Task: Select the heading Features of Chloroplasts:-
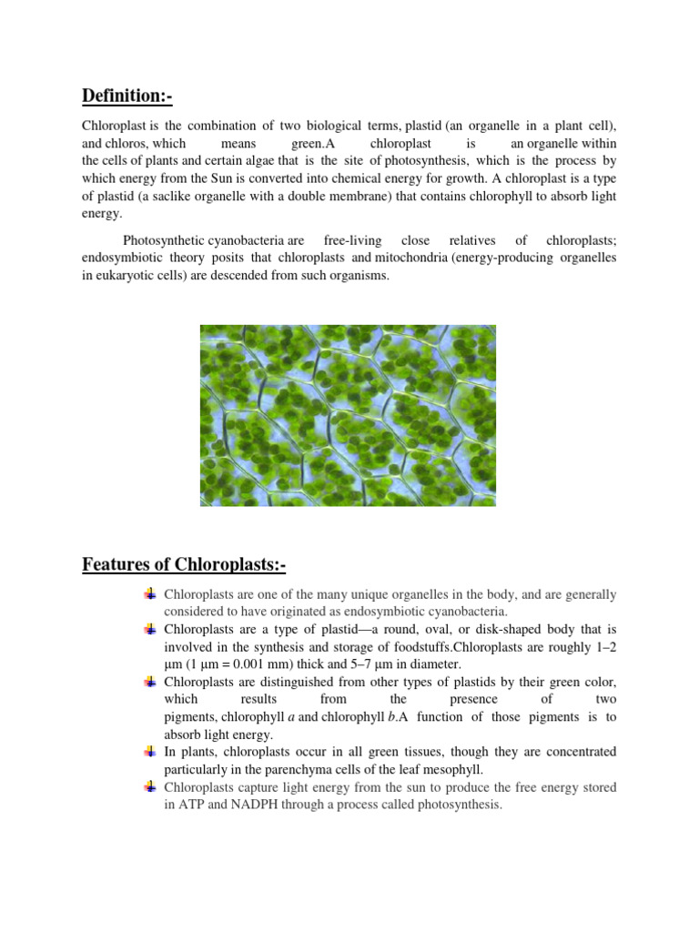click(x=184, y=565)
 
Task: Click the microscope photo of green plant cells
click(x=348, y=415)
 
